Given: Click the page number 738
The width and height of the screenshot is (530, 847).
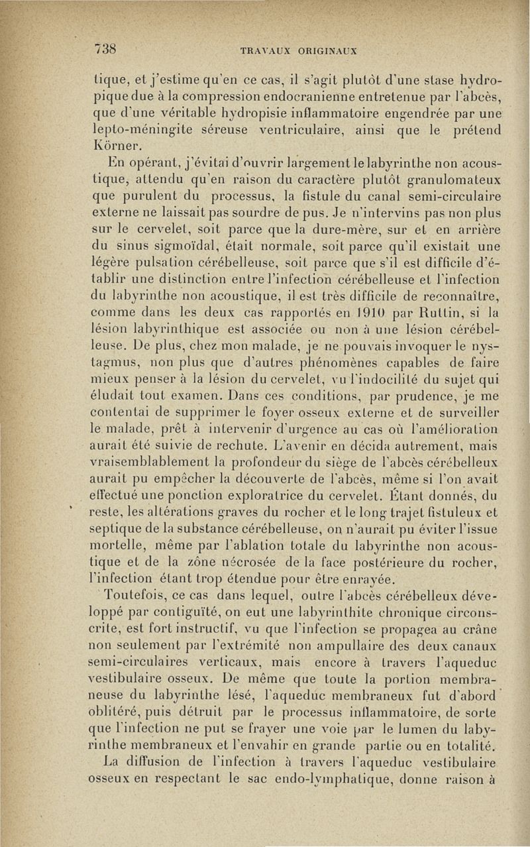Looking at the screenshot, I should (106, 48).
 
